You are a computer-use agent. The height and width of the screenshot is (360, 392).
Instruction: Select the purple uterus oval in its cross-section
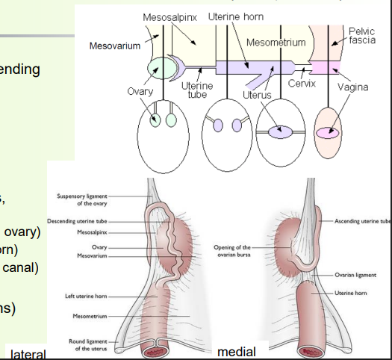pos(281,132)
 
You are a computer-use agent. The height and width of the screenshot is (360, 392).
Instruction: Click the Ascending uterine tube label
pos(358,221)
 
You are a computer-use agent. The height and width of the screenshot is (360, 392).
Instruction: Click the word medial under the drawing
pos(234,351)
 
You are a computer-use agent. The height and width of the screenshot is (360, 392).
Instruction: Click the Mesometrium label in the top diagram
pos(276,43)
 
